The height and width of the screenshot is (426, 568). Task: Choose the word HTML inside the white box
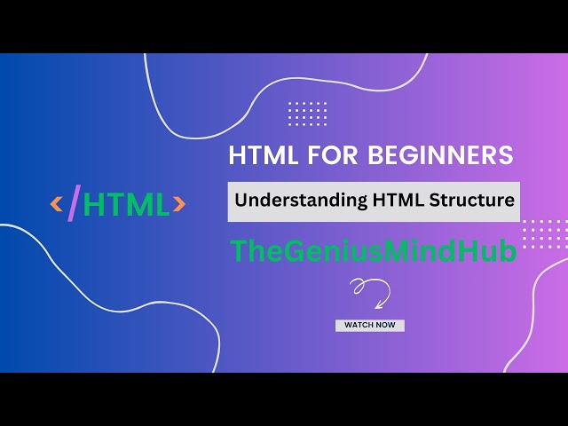click(385, 200)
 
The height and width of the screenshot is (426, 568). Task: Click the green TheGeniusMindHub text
click(373, 251)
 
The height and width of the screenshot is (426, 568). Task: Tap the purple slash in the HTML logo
click(74, 203)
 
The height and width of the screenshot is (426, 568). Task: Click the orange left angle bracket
click(57, 205)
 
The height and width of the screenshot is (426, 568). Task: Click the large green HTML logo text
click(126, 205)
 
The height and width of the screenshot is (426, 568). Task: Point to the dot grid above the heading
click(308, 114)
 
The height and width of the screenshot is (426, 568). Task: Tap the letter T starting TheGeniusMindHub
click(238, 251)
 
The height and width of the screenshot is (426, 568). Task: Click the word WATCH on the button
click(359, 326)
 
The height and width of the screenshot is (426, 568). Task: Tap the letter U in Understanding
click(241, 200)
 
